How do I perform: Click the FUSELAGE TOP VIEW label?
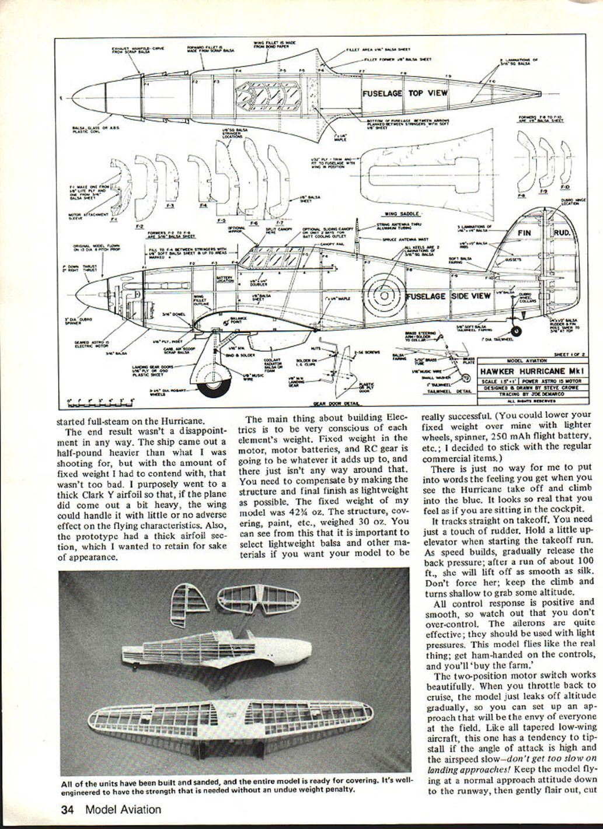click(405, 93)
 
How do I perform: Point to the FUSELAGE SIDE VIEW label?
click(448, 296)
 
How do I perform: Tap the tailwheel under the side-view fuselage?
click(517, 331)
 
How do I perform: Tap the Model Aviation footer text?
click(123, 809)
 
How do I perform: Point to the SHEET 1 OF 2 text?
click(569, 354)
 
